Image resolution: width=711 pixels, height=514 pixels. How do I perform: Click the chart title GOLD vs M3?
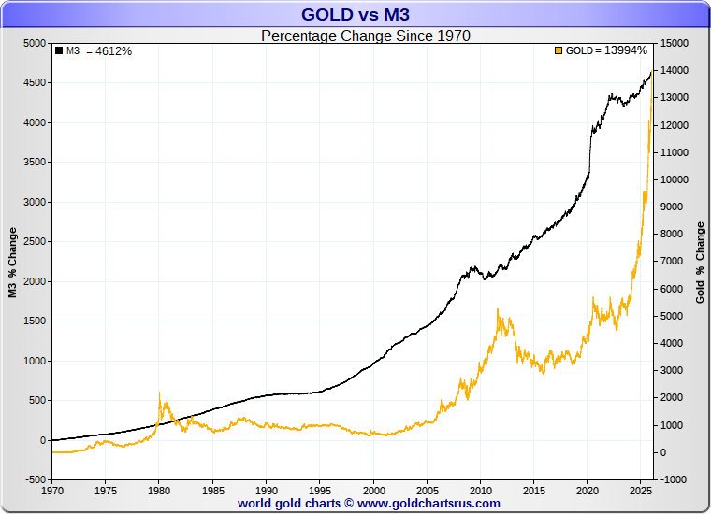[355, 15]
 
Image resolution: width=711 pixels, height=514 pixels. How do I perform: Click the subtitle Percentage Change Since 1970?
[365, 36]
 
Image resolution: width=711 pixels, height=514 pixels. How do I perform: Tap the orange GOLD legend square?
[559, 50]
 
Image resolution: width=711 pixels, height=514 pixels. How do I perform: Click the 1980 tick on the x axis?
[159, 490]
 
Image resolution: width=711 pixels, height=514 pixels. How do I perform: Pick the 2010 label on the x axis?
[481, 490]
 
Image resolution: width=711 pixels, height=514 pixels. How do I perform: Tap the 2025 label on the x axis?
[642, 490]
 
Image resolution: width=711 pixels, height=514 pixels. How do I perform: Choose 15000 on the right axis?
[675, 43]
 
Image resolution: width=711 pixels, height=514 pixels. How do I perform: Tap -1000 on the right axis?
[675, 479]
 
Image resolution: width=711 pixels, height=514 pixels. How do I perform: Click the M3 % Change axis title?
[13, 262]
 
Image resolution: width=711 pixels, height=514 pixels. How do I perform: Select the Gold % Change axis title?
[700, 262]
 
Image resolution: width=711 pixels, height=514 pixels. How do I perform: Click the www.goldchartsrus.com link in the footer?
[429, 503]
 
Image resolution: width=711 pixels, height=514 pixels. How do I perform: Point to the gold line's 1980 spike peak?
[159, 393]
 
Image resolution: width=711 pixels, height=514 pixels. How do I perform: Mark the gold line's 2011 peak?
[498, 310]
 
